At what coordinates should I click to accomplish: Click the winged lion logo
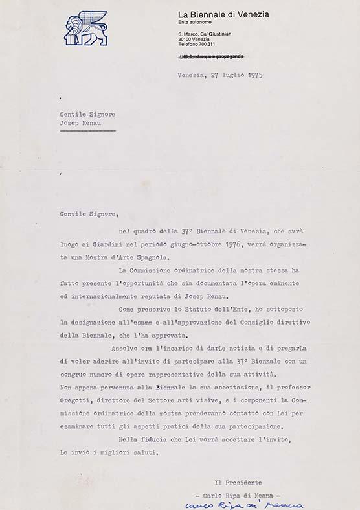(86, 29)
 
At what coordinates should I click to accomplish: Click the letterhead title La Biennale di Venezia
(224, 14)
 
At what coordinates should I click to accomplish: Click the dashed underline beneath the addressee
(87, 130)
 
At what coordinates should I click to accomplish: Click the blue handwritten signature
(244, 504)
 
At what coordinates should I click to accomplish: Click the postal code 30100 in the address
(187, 38)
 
